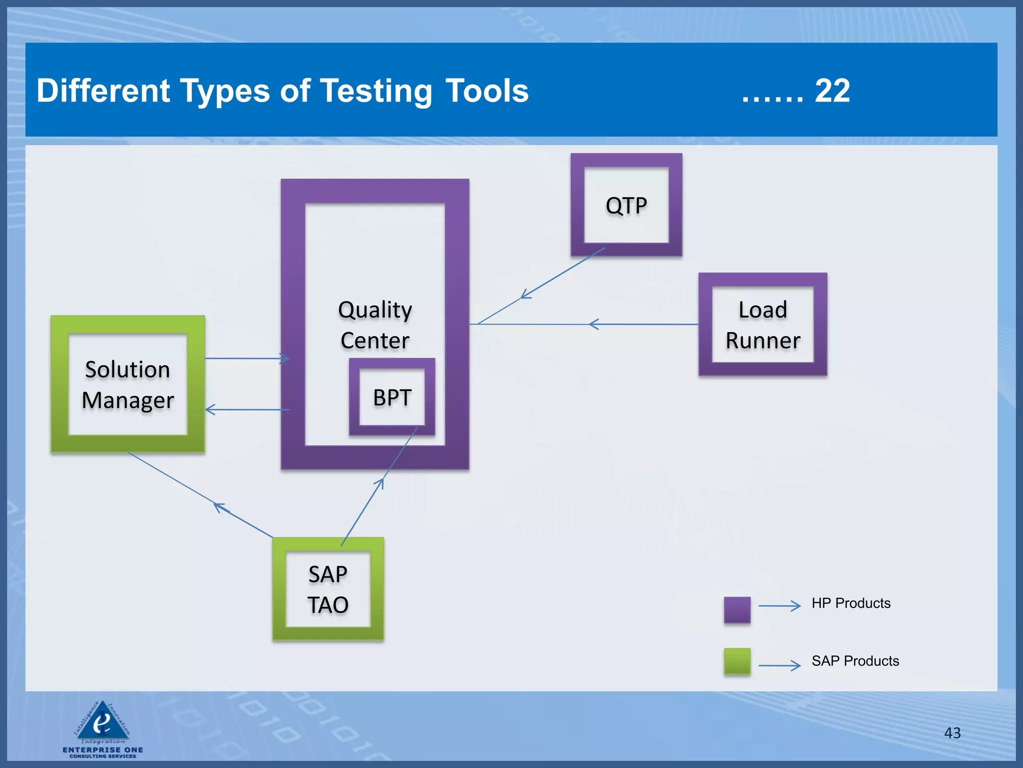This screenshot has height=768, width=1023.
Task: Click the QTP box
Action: coord(626,205)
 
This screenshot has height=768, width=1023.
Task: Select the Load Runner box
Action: coord(763,324)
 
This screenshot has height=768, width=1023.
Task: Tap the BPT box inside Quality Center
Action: coord(392,397)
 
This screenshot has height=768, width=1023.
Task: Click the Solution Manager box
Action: coord(128,384)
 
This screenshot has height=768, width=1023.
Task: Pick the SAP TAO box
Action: coord(328,589)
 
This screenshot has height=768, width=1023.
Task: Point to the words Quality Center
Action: coord(375,324)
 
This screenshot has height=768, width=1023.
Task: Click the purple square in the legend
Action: coord(737,609)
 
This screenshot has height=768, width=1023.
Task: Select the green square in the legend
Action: coord(737,661)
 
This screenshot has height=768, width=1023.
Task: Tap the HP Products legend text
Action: coord(851,603)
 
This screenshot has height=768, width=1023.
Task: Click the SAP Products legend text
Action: coord(855,661)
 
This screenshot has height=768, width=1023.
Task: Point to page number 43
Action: coord(952,733)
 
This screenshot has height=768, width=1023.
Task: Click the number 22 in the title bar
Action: coord(832,91)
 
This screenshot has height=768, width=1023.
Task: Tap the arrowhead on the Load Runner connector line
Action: coord(593,324)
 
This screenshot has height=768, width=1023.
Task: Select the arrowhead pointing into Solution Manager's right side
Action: coord(209,410)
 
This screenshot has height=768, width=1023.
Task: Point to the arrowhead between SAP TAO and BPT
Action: coord(381,482)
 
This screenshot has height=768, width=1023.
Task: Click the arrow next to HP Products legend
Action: coord(780,606)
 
